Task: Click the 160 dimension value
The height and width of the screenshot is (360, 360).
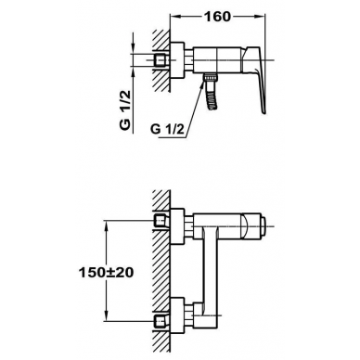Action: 217,17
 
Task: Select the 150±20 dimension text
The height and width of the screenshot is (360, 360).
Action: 106,273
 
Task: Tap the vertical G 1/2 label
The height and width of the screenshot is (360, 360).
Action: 126,110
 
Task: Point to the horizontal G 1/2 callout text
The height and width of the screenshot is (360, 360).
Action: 167,129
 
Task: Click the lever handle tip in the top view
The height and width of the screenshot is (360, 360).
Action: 264,112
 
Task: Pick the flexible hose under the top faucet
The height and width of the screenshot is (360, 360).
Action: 212,96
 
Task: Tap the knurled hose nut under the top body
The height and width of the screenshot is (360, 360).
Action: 211,77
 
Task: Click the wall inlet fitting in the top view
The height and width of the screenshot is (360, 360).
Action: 161,59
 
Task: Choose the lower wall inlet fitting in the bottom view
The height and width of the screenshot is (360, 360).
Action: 161,322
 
